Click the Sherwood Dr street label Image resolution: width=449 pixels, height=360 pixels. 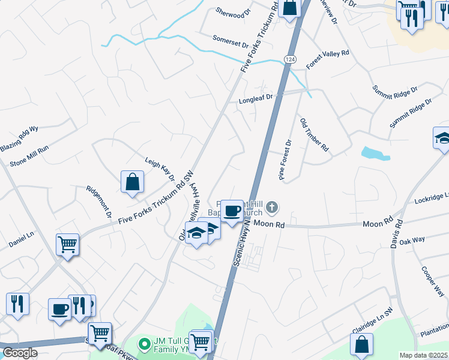point(232,11)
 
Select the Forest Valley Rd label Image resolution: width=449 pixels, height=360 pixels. point(327,58)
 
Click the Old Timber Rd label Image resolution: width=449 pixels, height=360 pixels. point(315,134)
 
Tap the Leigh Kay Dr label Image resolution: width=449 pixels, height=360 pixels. point(160,169)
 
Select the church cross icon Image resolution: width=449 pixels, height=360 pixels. point(273,208)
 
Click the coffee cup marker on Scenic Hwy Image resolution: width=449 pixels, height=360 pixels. point(232,211)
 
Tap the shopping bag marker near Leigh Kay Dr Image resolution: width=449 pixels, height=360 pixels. point(132,182)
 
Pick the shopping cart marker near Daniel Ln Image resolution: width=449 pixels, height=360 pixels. point(68,245)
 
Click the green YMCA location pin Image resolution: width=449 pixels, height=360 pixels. point(143,344)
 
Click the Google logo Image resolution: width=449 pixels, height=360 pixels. point(20,353)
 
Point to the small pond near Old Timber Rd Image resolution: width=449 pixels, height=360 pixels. point(375,153)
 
